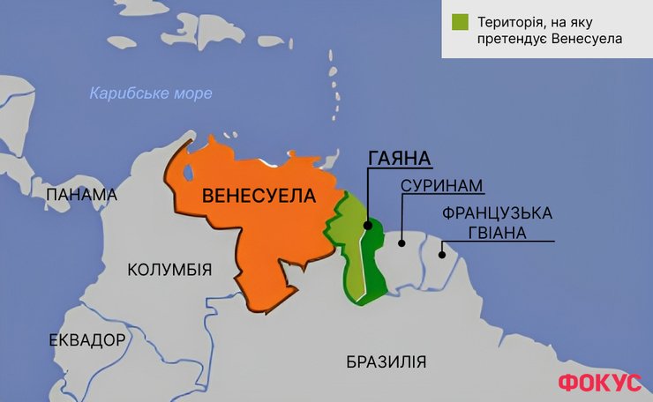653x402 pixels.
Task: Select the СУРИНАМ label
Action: coord(443,187)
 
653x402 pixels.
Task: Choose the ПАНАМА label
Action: coord(82,195)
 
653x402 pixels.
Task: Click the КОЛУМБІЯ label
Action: coord(169,269)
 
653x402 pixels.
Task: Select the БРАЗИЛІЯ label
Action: coord(387,361)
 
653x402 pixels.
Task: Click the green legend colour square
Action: coord(458,22)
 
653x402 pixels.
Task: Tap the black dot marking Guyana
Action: coord(366,226)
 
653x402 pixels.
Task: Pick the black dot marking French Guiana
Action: coord(442,256)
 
